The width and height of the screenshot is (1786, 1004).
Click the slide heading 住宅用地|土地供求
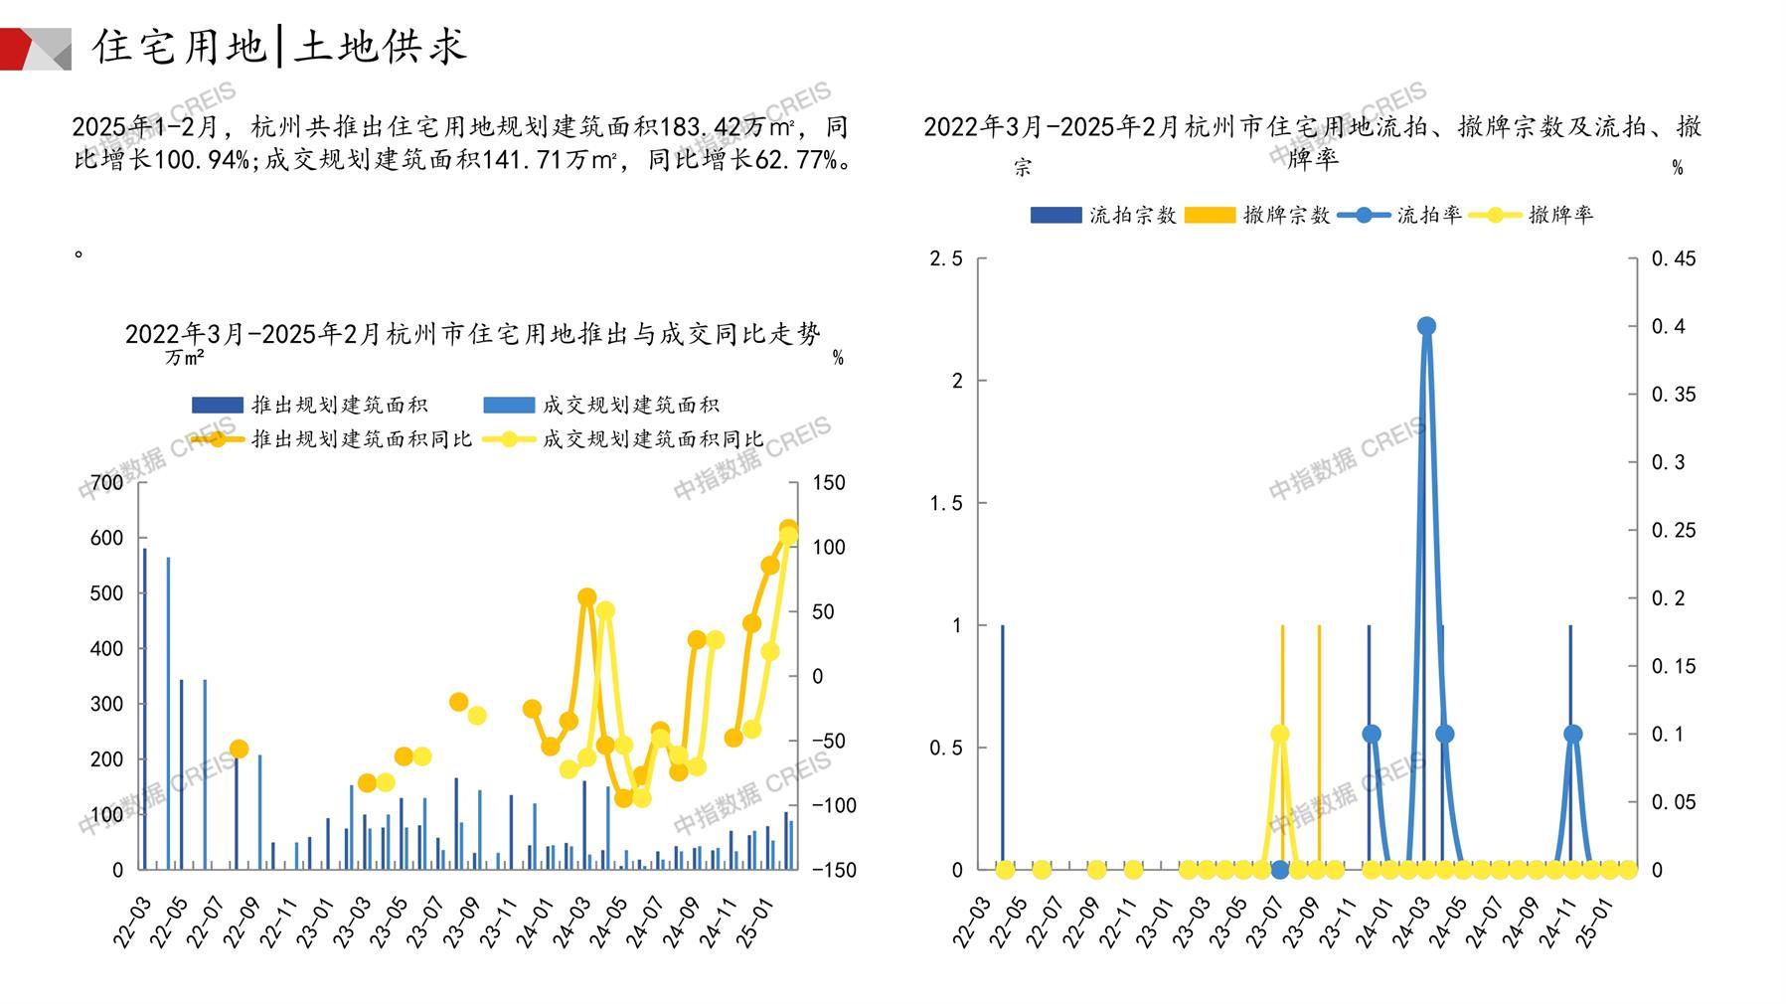tap(279, 47)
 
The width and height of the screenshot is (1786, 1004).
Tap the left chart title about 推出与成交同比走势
tap(473, 334)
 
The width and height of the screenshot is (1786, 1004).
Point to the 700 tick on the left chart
tap(107, 483)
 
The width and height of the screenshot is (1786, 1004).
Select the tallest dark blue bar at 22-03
tap(144, 708)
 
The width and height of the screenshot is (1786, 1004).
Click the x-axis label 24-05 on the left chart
tap(610, 920)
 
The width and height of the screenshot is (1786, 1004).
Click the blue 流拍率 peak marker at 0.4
tap(1426, 326)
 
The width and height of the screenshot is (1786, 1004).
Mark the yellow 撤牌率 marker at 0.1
tap(1280, 735)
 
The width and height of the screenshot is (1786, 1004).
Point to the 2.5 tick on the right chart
tap(946, 258)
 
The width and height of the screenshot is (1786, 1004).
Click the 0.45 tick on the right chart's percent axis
tap(1674, 258)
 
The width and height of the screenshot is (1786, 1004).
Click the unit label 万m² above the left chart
tap(185, 357)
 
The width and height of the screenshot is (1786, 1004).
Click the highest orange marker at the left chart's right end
tap(788, 529)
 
